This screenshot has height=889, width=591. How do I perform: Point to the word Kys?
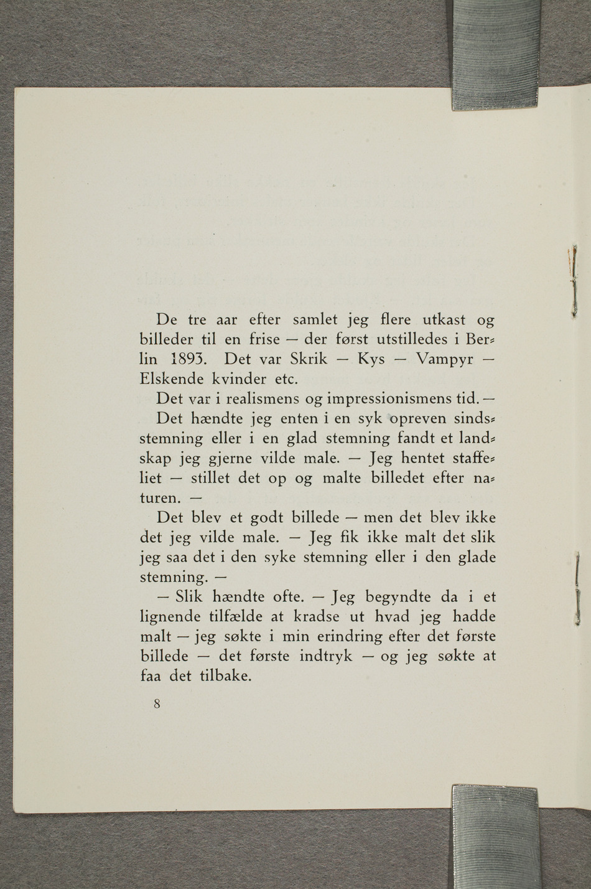(x=371, y=360)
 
